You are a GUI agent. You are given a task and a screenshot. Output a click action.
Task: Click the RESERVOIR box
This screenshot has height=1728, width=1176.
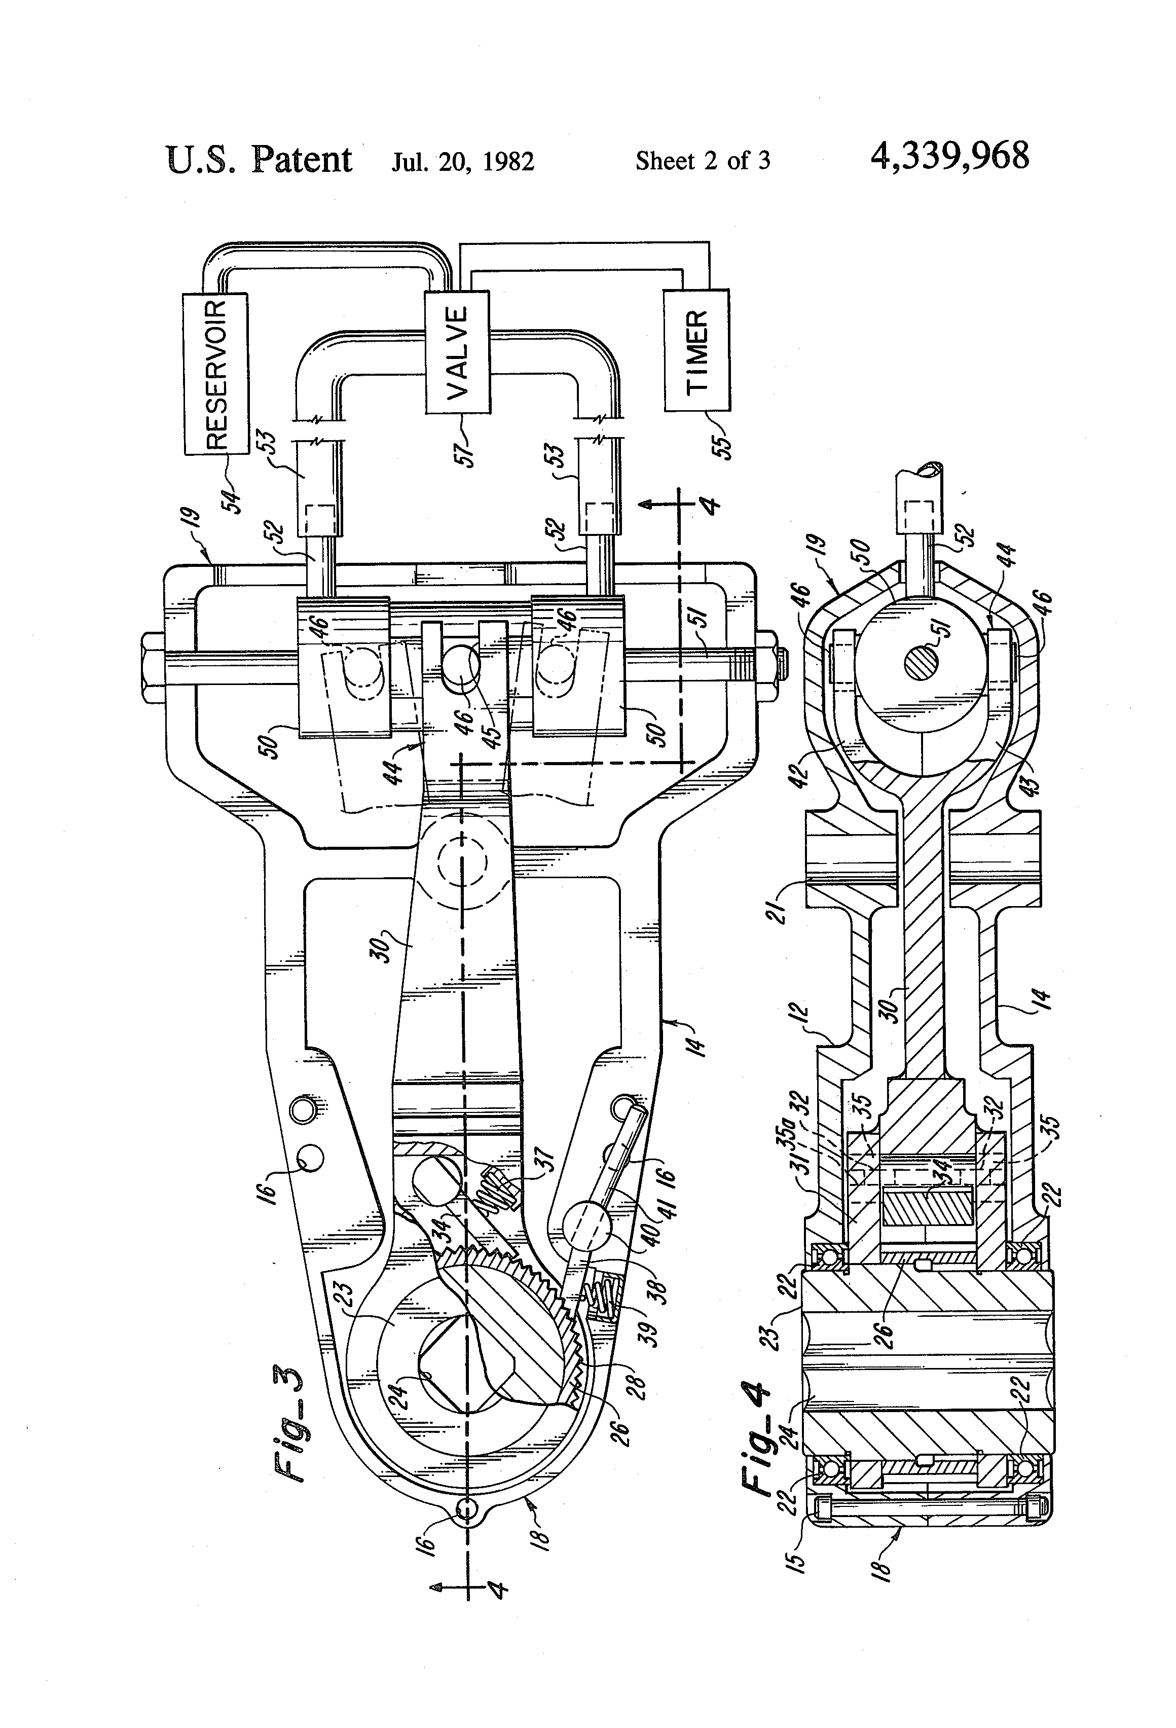click(x=215, y=373)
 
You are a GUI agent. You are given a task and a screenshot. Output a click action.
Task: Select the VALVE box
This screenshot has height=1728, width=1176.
click(x=457, y=352)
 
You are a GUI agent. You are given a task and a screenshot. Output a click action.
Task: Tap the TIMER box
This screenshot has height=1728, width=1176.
click(x=696, y=350)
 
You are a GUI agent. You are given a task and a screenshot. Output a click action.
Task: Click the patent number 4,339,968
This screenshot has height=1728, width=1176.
click(x=949, y=157)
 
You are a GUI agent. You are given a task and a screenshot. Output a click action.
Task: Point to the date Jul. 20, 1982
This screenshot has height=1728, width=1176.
click(x=463, y=161)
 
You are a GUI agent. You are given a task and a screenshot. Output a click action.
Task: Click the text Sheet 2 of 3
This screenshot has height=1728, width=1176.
click(x=703, y=161)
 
